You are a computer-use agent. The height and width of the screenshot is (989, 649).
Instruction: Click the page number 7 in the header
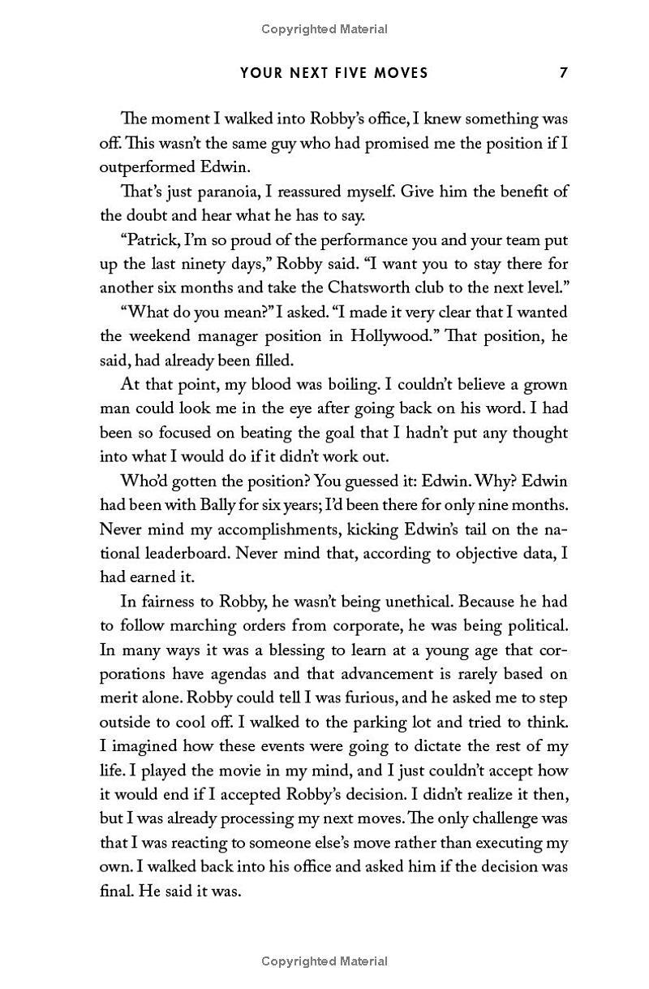(563, 73)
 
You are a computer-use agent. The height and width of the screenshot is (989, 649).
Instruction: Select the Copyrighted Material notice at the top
(324, 29)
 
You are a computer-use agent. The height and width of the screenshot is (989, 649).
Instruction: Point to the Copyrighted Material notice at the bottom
(324, 961)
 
